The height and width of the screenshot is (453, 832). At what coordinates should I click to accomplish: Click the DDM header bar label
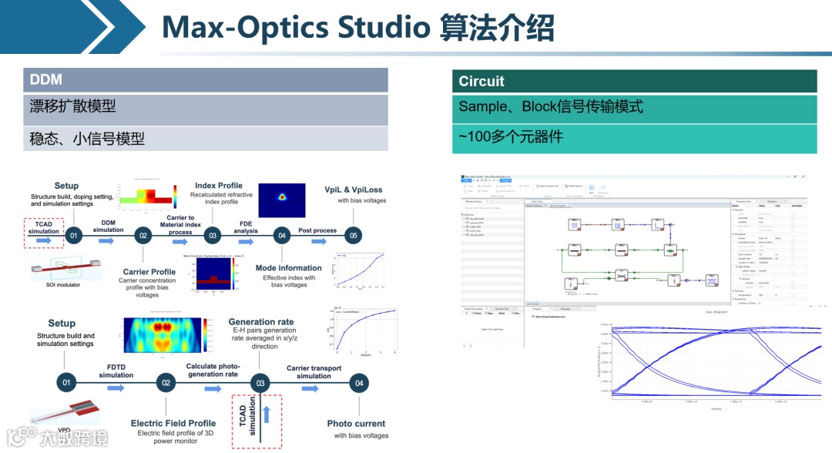[46, 80]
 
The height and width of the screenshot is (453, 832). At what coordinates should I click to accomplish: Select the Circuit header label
[481, 82]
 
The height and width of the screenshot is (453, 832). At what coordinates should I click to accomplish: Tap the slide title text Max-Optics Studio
[296, 28]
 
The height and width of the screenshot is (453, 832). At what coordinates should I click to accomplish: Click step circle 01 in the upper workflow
[74, 235]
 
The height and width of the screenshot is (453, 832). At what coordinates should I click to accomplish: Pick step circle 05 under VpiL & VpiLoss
[353, 235]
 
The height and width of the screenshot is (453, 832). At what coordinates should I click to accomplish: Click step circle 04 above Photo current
[357, 382]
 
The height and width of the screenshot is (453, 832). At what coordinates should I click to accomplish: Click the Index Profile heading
[219, 186]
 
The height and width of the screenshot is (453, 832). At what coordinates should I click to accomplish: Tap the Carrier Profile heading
[149, 272]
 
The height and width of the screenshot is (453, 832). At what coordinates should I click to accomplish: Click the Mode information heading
[289, 268]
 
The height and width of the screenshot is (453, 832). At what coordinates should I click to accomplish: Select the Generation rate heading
[261, 322]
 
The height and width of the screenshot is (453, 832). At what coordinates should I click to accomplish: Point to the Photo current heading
[356, 424]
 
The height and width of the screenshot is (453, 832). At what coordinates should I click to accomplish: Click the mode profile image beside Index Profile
[282, 200]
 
